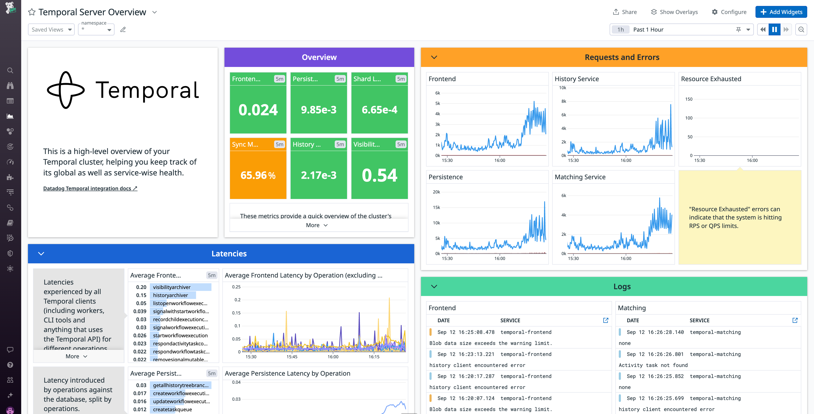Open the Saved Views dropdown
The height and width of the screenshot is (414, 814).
pyautogui.click(x=51, y=29)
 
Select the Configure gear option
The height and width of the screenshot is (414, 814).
pyautogui.click(x=729, y=12)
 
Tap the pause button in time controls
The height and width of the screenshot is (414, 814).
pyautogui.click(x=774, y=29)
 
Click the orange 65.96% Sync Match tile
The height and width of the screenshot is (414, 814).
pyautogui.click(x=258, y=175)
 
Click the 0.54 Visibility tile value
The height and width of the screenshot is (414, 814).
pyautogui.click(x=379, y=175)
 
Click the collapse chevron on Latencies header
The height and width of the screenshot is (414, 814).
pyautogui.click(x=41, y=254)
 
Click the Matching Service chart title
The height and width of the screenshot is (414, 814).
pyautogui.click(x=580, y=177)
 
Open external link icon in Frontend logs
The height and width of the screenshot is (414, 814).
pyautogui.click(x=605, y=320)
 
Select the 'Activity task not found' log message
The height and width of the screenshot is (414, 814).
pyautogui.click(x=653, y=365)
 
